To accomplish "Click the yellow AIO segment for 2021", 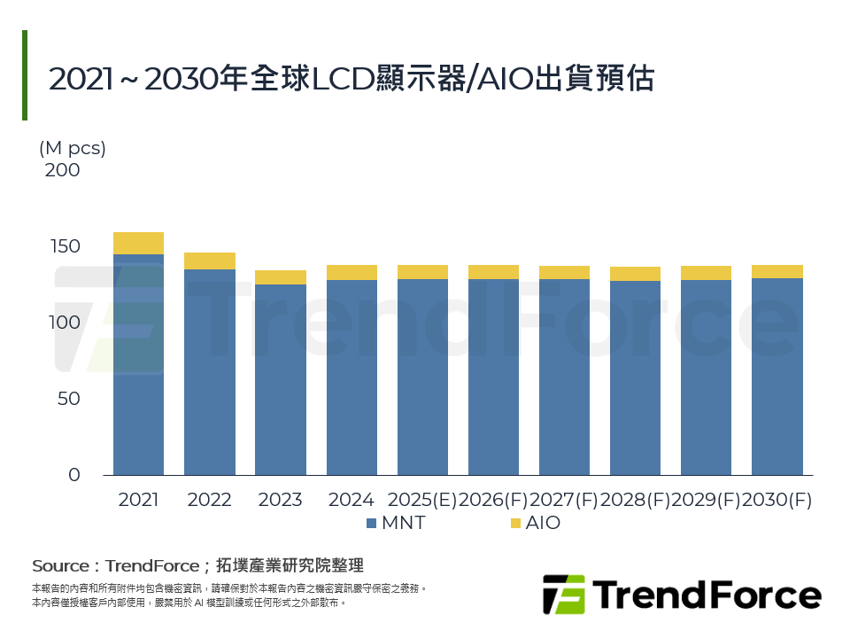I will point(138,243).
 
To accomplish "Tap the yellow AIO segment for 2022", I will point(209,261).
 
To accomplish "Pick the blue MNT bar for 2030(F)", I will point(777,377).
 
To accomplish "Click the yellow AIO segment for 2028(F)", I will point(635,274).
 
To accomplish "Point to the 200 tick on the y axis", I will point(62,170).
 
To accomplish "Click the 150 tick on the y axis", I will point(62,246).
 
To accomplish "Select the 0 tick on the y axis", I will point(73,475).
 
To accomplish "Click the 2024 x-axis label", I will point(351,500).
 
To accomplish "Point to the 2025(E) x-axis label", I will point(422,500).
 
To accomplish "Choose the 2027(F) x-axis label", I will point(564,500).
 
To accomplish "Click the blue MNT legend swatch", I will point(372,524).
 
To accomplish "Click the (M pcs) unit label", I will point(73,148).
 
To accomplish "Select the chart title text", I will point(351,79).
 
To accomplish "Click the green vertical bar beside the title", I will point(25,75).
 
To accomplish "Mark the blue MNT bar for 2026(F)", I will point(493,377).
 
